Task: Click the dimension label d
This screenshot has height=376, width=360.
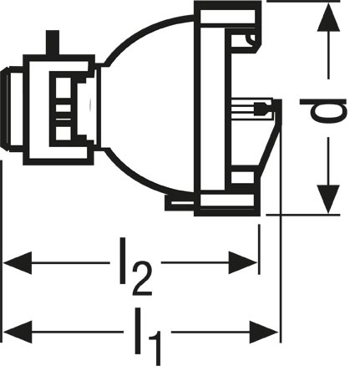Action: point(323,110)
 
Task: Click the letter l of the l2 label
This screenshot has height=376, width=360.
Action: point(123,261)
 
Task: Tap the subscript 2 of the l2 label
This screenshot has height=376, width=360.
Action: point(142,279)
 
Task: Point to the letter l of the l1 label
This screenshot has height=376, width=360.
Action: point(138,331)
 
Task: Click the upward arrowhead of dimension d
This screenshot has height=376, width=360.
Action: point(328,17)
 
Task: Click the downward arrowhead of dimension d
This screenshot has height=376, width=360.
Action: point(328,199)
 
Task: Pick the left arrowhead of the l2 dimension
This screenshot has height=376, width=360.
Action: point(18,262)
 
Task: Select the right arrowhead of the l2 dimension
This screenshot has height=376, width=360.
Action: point(243,262)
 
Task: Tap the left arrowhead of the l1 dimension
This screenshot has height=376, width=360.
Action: point(18,332)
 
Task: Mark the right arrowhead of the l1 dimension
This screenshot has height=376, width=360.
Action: point(264,332)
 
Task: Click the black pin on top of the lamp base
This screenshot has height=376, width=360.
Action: point(53,43)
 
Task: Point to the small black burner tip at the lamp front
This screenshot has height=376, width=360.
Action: point(261,109)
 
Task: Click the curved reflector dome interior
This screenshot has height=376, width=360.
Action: point(148,107)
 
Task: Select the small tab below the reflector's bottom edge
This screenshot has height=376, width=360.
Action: point(180,202)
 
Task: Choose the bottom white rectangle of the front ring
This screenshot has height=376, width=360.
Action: point(227,201)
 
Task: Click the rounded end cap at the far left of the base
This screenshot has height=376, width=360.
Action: point(6,109)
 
